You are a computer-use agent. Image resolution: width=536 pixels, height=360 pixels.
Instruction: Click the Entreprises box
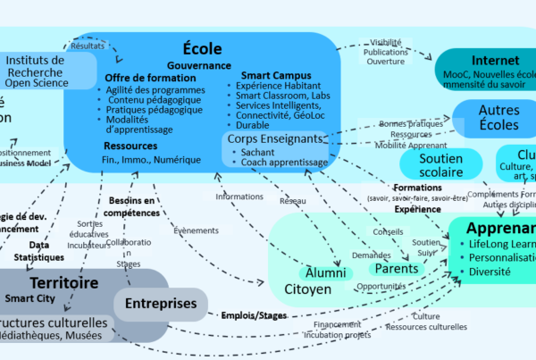pos(161,304)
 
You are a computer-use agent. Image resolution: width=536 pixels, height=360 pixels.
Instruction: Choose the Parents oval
pos(396,268)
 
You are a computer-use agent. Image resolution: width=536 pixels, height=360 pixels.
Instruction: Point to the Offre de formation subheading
pos(149,78)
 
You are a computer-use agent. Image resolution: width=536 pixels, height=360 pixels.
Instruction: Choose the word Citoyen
pos(307,289)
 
